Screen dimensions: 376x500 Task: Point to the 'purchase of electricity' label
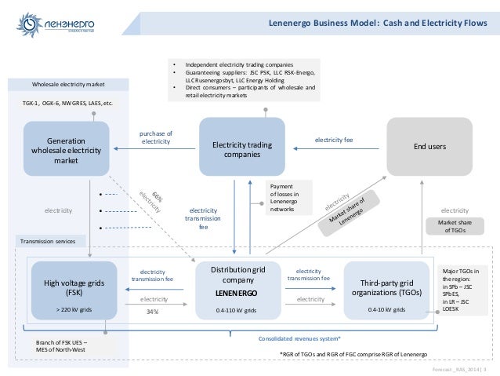pyautogui.click(x=155, y=138)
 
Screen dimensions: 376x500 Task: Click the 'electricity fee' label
pyautogui.click(x=335, y=138)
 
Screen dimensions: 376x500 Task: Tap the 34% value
pyautogui.click(x=153, y=312)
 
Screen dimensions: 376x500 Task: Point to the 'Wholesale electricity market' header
pyautogui.click(x=68, y=84)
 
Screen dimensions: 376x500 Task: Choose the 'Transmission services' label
pyautogui.click(x=49, y=241)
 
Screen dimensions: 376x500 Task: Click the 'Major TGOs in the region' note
pyautogui.click(x=462, y=287)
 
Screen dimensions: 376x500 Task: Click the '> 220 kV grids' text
pyautogui.click(x=74, y=310)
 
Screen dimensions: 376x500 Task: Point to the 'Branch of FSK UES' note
pyautogui.click(x=69, y=346)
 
